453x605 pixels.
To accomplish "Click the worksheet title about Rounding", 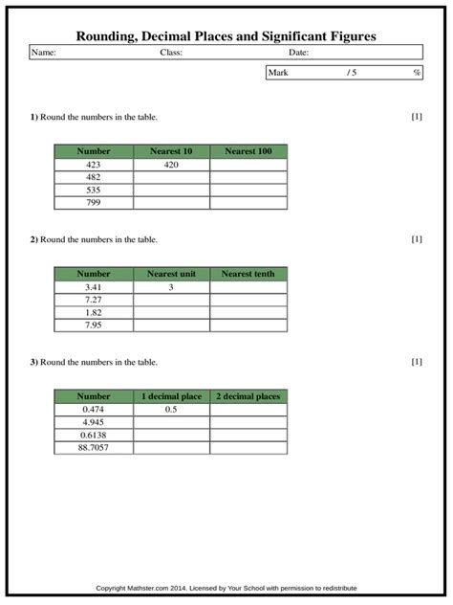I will click(226, 35).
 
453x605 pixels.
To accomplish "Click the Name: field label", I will click(44, 53).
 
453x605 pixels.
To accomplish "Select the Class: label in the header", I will click(171, 53).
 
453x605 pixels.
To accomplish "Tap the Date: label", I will click(299, 53).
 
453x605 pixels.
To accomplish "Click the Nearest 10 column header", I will click(171, 151).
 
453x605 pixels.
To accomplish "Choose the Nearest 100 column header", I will click(248, 151).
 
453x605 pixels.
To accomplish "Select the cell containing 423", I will click(94, 165).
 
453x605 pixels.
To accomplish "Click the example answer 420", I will click(171, 165).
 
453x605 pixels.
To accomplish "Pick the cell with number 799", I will click(94, 202).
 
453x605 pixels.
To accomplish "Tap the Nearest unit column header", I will click(171, 274).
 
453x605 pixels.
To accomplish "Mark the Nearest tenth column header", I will click(248, 274).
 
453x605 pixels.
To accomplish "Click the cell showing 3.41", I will click(94, 287).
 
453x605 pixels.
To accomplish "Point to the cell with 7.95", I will click(94, 325).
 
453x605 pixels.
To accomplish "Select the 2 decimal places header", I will click(248, 396).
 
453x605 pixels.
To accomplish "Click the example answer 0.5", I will click(171, 410).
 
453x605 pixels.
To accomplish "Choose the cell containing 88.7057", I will click(94, 447).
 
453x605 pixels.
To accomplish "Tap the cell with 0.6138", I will click(94, 435).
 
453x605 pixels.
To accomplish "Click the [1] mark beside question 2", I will click(417, 239).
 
